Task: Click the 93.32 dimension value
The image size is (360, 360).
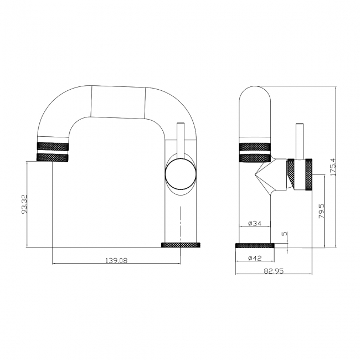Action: (x=23, y=204)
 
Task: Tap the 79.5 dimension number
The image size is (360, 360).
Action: (x=322, y=213)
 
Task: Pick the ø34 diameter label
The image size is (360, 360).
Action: (x=254, y=223)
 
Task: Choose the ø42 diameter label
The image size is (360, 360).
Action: (x=254, y=258)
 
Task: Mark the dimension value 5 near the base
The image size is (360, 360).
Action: (x=285, y=234)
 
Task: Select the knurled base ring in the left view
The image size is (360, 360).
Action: (x=181, y=245)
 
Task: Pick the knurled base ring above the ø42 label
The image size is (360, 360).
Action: (x=255, y=245)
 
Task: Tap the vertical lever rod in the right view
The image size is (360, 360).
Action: (x=299, y=141)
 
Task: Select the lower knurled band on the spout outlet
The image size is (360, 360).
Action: (x=53, y=157)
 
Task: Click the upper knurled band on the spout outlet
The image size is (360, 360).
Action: (x=53, y=146)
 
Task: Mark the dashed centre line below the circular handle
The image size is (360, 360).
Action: (x=181, y=222)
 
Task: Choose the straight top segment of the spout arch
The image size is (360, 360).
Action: (x=119, y=102)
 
